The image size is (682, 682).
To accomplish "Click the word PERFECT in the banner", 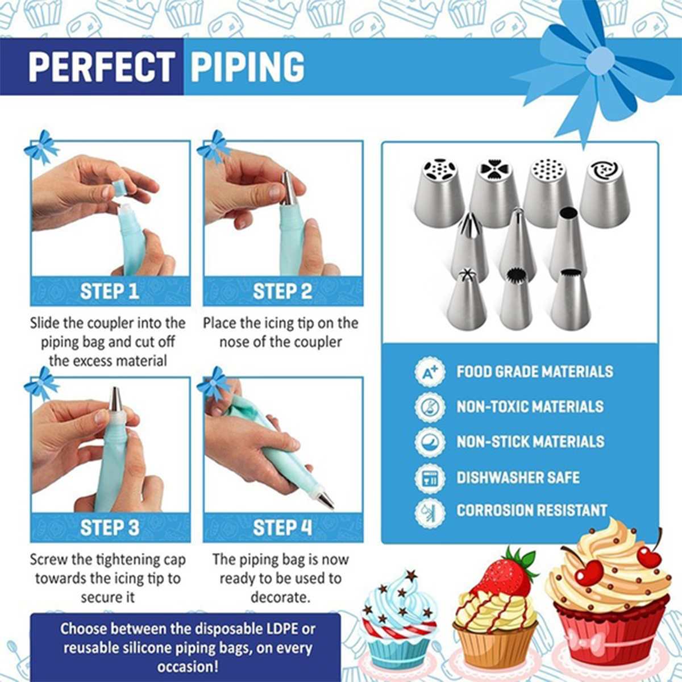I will pos(102,67).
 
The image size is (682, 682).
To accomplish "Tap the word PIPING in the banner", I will pos(247,67).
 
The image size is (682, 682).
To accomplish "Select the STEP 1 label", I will pos(110,292).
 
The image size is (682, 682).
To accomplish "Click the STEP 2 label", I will pos(282,292).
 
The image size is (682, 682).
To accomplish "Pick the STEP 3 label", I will pos(110,527).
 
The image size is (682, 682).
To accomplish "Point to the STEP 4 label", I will pos(282,527).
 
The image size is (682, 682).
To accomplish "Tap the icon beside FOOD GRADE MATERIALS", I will pos(430,372).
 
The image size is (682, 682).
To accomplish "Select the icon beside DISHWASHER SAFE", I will pos(430,477).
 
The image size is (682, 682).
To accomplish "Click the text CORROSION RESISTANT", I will pos(532,510).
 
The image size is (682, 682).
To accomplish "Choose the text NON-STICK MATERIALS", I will pos(530,442).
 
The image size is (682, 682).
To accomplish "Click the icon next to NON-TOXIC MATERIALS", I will pos(430,407).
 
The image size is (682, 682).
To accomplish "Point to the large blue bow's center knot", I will pos(600,60).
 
